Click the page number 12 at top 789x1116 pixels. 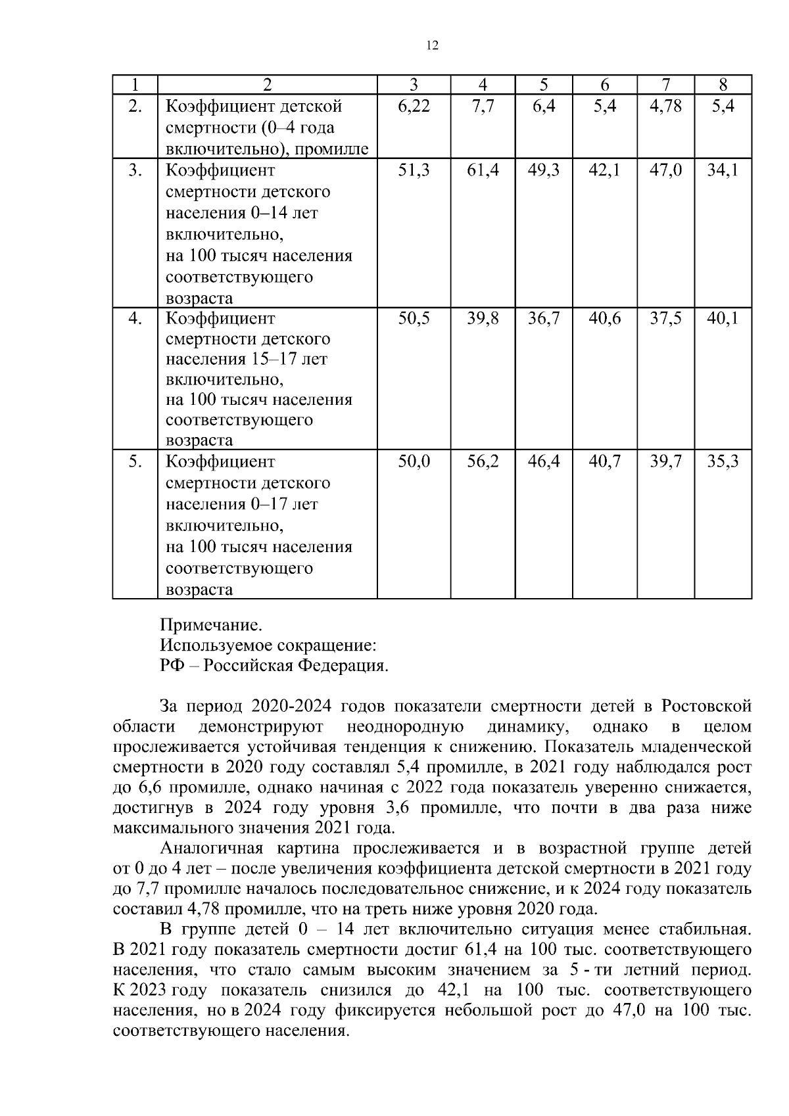432,45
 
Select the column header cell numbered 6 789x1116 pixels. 604,85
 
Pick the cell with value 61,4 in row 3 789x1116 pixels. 483,171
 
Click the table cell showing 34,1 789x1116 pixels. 723,171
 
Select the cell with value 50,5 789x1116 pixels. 414,319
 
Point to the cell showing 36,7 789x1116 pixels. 544,319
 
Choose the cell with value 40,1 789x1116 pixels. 723,319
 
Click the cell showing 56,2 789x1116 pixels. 483,462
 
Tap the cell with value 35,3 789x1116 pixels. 723,462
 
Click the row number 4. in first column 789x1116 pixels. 135,319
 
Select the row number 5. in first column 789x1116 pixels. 135,462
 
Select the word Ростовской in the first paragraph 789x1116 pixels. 705,707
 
